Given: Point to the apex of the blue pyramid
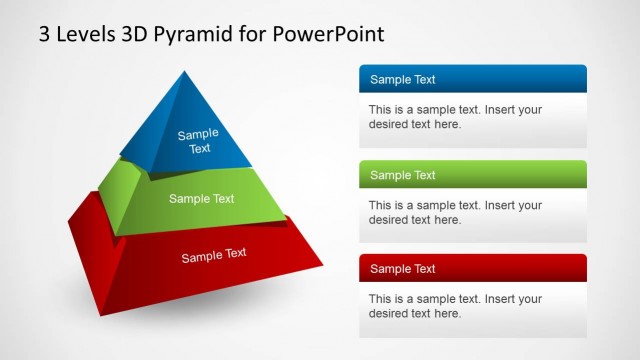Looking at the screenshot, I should tap(184, 73).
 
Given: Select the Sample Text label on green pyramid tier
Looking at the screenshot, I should tap(201, 198).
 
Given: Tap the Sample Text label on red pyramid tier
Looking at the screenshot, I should tap(213, 256).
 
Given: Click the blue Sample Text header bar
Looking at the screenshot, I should tap(472, 80).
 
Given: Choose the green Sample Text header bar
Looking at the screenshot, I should tap(472, 175).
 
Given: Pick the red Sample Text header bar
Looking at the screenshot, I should tap(472, 268).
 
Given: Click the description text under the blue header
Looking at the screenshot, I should tap(455, 117).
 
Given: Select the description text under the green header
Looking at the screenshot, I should tap(455, 212).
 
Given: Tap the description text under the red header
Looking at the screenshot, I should tap(455, 306).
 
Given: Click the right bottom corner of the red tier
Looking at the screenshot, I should tap(322, 265).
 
